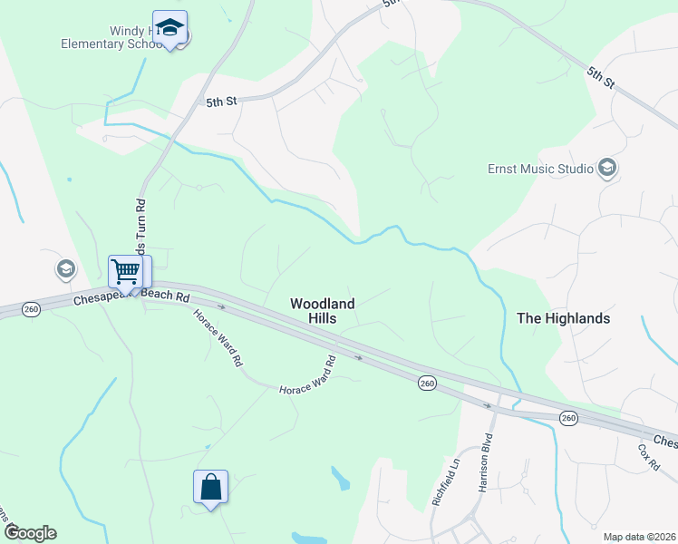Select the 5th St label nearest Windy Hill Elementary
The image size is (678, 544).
(x=220, y=102)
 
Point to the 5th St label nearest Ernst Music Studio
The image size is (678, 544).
(x=600, y=76)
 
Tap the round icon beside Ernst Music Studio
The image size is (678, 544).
(x=607, y=168)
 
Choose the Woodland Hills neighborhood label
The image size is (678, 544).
(x=322, y=311)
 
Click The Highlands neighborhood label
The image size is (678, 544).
(x=563, y=318)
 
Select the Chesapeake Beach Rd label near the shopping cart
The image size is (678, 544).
(x=131, y=296)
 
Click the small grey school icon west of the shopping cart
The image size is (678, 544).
(x=65, y=268)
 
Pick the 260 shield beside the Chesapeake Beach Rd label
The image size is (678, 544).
(x=30, y=307)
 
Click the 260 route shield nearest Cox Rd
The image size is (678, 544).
(x=567, y=418)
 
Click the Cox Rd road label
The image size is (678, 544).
(x=648, y=458)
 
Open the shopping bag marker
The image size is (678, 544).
(x=210, y=487)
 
